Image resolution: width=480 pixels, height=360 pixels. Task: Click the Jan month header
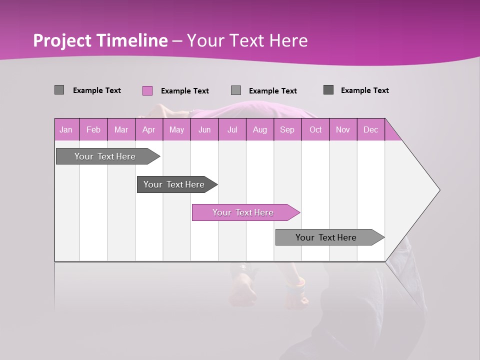(x=66, y=130)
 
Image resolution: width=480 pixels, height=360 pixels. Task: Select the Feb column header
(x=93, y=130)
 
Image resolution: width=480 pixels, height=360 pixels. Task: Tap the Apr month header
(x=148, y=130)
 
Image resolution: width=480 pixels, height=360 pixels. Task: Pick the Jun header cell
(x=204, y=130)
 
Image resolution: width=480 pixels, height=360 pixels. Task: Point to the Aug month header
(x=259, y=130)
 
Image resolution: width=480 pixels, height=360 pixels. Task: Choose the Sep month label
(x=287, y=130)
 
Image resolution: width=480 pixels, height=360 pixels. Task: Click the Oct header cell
(x=315, y=130)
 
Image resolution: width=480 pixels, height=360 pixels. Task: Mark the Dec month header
(x=370, y=130)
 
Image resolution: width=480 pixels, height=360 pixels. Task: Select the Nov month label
(x=342, y=130)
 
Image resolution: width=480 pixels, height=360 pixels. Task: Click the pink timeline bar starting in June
(x=243, y=212)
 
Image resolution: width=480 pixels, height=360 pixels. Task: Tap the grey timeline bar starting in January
(x=105, y=156)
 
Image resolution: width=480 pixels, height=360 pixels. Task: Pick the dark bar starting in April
(x=174, y=184)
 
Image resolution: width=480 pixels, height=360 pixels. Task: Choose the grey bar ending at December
(x=326, y=237)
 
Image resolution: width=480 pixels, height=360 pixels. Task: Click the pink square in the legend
(x=147, y=90)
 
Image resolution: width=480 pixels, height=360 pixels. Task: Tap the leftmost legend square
(x=59, y=90)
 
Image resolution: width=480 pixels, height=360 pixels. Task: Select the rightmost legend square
(x=328, y=90)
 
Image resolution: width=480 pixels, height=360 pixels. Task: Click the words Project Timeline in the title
(x=100, y=40)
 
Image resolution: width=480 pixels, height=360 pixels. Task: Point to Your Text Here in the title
(x=247, y=40)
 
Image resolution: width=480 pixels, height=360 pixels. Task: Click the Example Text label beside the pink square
(x=184, y=91)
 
